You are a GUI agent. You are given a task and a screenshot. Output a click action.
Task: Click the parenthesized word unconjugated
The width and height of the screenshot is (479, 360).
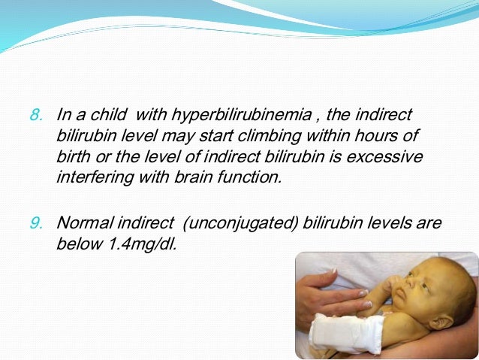point(250,223)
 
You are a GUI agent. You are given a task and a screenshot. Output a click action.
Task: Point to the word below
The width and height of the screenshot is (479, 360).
point(77,244)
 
